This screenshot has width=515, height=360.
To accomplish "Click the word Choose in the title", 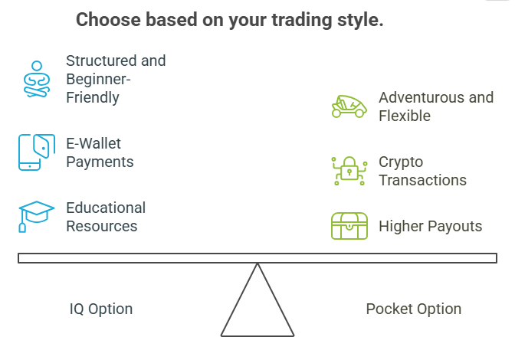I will (x=106, y=21).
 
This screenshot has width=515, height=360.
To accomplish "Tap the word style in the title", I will (x=359, y=21).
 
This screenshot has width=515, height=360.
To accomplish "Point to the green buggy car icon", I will (x=349, y=106).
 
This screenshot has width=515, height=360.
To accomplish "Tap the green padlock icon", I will (x=349, y=171).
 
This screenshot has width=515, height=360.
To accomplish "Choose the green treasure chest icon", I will (x=349, y=226).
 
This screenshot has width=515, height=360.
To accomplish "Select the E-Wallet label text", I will (x=93, y=143).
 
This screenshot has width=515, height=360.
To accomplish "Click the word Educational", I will (x=106, y=208).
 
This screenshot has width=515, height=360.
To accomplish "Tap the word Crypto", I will (x=401, y=162).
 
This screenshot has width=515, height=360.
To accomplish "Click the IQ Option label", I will (x=101, y=309).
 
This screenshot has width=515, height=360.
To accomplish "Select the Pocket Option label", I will (x=414, y=309).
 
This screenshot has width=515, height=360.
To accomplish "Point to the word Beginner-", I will (x=97, y=79).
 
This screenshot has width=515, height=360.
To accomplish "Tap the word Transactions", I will (x=422, y=181).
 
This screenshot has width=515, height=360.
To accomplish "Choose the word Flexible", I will (x=405, y=116).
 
